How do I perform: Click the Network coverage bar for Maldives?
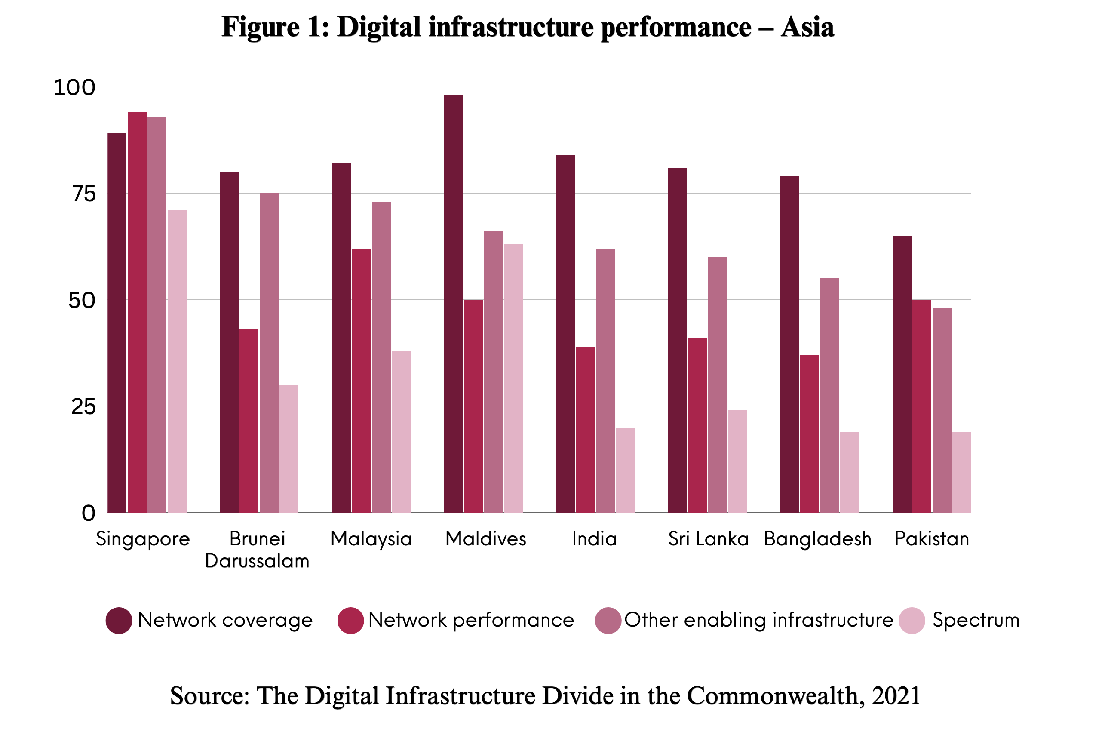pos(453,304)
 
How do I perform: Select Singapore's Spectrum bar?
pos(177,361)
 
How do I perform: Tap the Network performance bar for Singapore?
pos(137,312)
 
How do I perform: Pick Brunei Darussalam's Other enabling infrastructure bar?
pos(269,353)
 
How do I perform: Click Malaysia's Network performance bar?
pos(361,381)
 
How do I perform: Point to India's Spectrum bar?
pos(625,470)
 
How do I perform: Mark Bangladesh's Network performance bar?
pos(809,434)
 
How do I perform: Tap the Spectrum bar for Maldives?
pos(513,378)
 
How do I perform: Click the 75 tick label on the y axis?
pos(84,194)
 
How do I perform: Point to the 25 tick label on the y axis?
pos(83,406)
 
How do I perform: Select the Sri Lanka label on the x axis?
pos(708,539)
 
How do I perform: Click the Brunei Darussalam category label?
pos(257,550)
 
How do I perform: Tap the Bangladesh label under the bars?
pos(817,539)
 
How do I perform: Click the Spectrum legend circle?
pos(912,621)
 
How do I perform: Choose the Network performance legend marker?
pos(350,621)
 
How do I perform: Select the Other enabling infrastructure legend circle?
pos(608,621)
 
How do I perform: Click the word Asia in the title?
pos(807,27)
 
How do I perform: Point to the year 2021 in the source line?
pos(896,695)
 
